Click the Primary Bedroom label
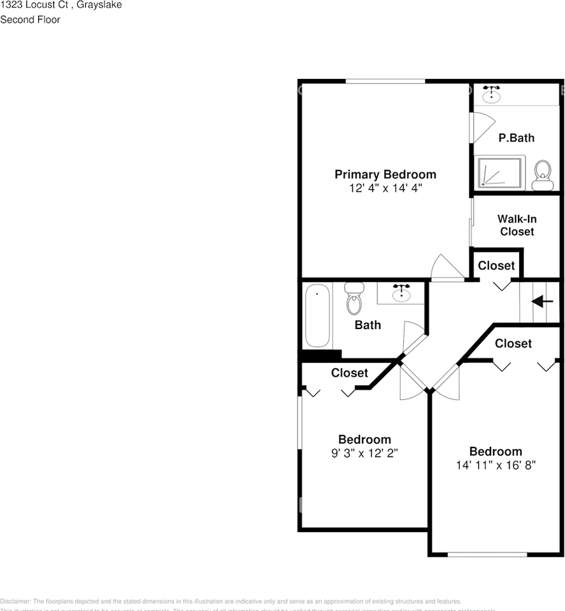pos(385,174)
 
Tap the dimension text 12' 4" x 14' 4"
pos(385,188)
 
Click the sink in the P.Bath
pos(491,95)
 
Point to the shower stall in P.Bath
pos(501,172)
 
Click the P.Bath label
pos(516,137)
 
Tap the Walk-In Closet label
pos(517,225)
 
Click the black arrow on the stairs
pos(542,301)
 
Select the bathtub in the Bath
pos(317,316)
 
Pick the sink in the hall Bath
pos(401,293)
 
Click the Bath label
pos(368,325)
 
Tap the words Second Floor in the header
pos(30,20)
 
